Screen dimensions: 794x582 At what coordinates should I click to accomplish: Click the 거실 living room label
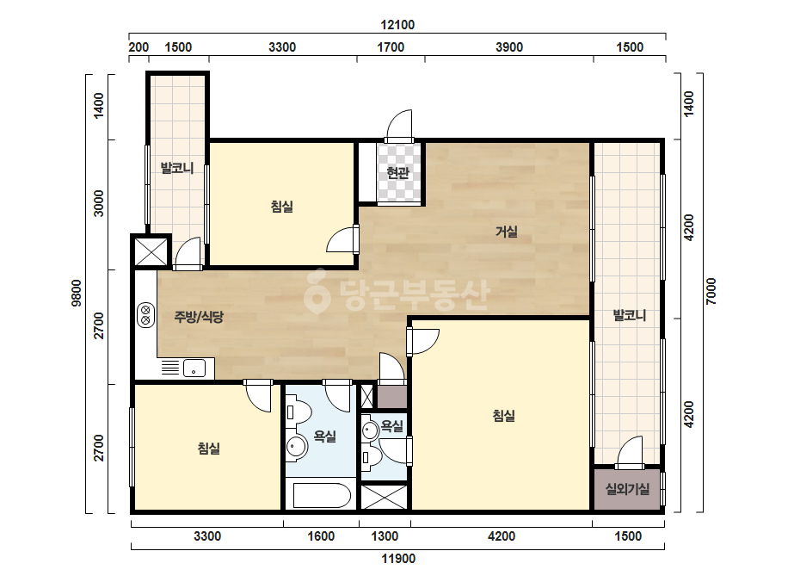coord(507,232)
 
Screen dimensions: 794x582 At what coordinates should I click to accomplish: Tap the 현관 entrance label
coord(398,173)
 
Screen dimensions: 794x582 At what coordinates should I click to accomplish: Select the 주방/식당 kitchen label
coord(199,317)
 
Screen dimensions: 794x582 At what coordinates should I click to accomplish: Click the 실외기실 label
coord(627,489)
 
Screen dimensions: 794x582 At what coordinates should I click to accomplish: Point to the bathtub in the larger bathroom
coord(322,495)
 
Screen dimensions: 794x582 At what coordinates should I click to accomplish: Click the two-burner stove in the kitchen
coord(146,315)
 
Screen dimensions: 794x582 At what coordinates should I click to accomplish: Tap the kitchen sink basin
coord(194,368)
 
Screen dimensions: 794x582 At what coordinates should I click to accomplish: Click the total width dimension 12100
coord(397,25)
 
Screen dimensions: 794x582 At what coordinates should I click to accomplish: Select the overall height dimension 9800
coord(77,293)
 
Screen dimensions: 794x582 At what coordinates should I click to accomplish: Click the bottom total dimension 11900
coord(398,559)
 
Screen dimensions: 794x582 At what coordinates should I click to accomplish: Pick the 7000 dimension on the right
coord(711,291)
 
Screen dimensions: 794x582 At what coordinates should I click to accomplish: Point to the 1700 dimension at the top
coord(391,47)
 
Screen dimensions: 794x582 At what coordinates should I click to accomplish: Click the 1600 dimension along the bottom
coord(321,536)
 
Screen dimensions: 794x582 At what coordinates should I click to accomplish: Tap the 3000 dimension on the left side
coord(99,203)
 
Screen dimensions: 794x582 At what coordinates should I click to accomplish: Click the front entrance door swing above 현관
coord(399,126)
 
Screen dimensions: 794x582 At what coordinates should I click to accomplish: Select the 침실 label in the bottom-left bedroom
coord(209,449)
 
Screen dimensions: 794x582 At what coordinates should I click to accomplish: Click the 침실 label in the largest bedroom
coord(504,416)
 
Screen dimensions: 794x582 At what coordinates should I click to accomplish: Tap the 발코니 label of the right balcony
coord(630,315)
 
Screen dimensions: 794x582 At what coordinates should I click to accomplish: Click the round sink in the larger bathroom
coord(296,447)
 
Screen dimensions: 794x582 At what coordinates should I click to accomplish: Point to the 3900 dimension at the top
coord(509,47)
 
